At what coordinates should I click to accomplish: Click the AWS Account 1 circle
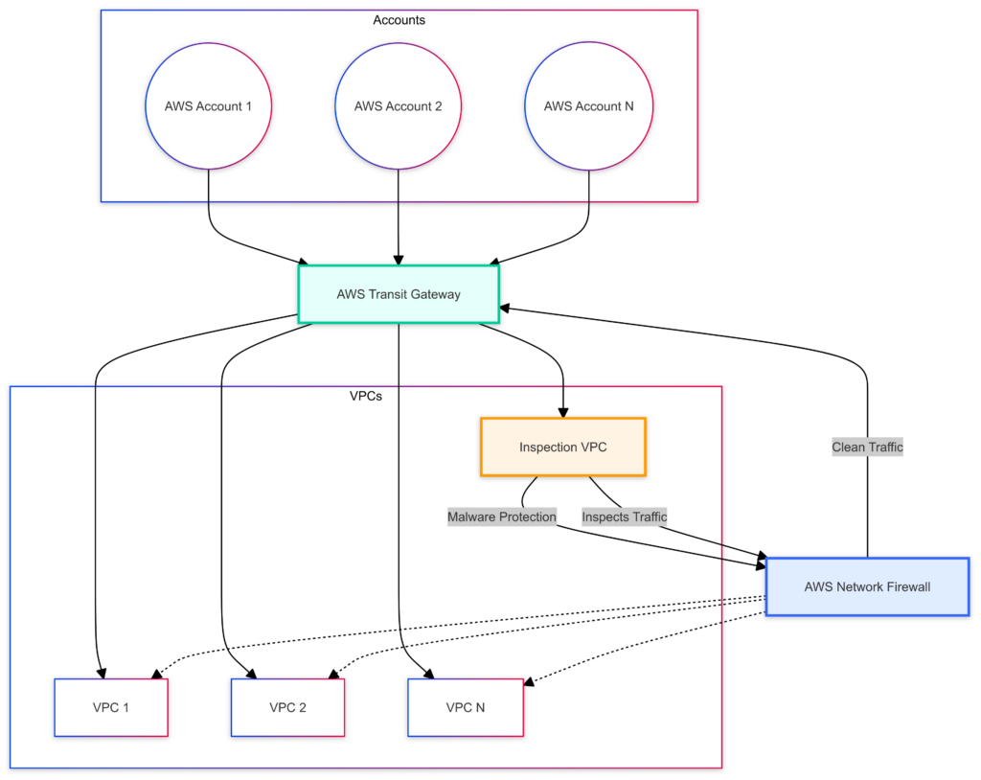pos(208,106)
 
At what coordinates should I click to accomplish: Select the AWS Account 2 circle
pos(398,106)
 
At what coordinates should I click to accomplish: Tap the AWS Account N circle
pos(588,106)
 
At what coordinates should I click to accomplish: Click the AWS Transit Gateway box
pos(399,294)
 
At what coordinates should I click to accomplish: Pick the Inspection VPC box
pos(563,447)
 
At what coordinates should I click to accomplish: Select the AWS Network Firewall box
pos(867,586)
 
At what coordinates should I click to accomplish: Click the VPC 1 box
pos(111,708)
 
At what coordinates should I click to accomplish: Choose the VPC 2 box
pos(287,708)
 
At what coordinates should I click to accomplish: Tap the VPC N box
pos(466,708)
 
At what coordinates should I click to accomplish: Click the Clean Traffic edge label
pos(867,447)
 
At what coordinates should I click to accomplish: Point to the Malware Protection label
pos(502,517)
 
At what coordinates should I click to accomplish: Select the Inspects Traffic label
pos(625,517)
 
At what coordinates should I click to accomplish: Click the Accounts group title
pos(399,20)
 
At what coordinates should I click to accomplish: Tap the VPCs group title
pos(365,396)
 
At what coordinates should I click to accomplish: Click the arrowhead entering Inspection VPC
pos(562,413)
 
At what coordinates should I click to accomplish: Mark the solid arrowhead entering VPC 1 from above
pos(99,674)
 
